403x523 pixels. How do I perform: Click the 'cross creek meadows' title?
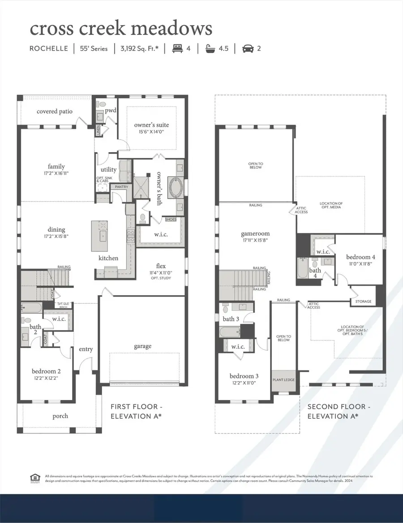120,29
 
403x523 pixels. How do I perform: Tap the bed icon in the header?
177,48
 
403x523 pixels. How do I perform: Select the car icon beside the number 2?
248,48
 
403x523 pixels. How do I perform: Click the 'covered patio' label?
55,111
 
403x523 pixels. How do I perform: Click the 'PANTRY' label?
121,187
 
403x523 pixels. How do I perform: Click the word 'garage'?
143,346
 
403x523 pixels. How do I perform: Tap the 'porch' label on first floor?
60,416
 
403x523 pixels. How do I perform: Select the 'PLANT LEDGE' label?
283,379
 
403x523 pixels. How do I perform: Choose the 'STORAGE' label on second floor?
363,302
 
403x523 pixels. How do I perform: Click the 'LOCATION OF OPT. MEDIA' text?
331,206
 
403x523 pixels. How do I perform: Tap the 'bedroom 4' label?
360,257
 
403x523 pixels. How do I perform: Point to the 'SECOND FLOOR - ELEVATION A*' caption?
339,411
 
